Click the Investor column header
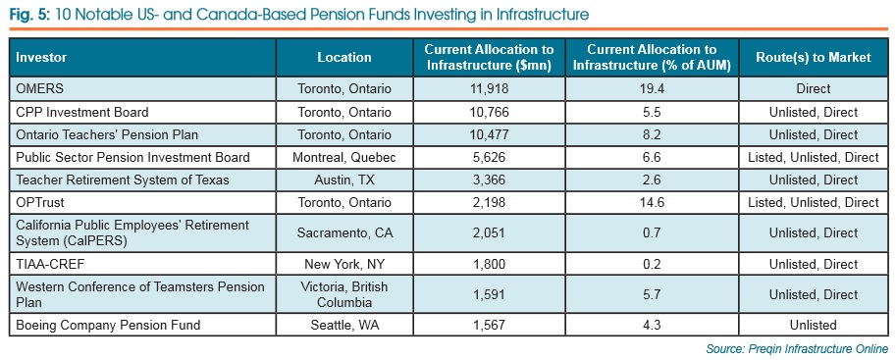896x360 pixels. point(44,57)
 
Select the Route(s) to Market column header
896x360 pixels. point(814,57)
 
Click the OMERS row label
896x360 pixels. point(40,88)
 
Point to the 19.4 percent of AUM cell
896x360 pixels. point(651,88)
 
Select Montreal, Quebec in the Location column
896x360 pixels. point(344,157)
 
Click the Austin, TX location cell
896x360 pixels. point(344,180)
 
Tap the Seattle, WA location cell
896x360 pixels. point(344,325)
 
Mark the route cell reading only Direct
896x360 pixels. point(814,88)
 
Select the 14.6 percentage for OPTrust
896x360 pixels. point(651,202)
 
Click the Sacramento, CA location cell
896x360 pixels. point(344,233)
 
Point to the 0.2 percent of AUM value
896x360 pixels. point(651,264)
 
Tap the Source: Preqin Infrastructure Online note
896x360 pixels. point(797,349)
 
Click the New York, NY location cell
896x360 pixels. point(344,264)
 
